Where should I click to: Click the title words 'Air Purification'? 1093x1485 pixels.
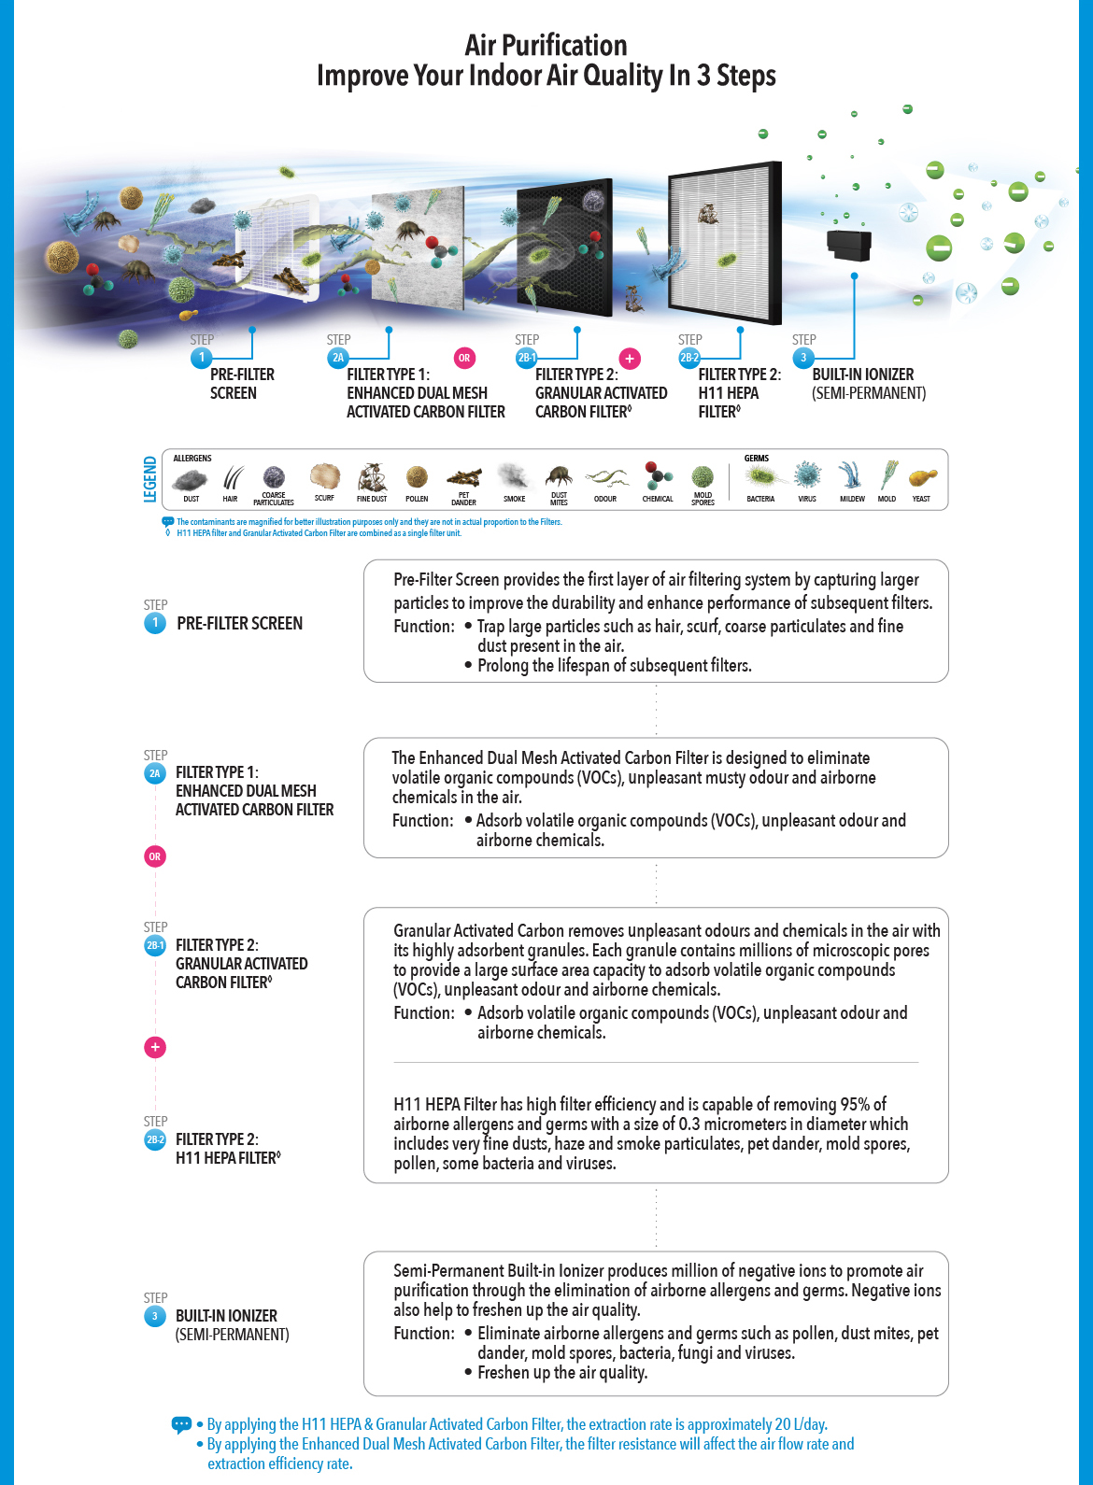pyautogui.click(x=546, y=45)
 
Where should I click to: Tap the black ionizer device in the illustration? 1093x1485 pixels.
pyautogui.click(x=848, y=245)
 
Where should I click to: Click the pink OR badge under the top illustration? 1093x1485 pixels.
pyautogui.click(x=464, y=358)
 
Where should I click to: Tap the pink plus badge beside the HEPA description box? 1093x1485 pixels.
pyautogui.click(x=155, y=1047)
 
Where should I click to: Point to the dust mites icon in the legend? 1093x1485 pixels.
pyautogui.click(x=559, y=476)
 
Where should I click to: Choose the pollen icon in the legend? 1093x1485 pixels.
pyautogui.click(x=417, y=477)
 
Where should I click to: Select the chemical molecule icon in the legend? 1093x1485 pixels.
pyautogui.click(x=658, y=475)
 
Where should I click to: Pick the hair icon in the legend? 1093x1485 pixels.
pyautogui.click(x=231, y=478)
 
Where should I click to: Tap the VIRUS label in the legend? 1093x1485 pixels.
pyautogui.click(x=807, y=499)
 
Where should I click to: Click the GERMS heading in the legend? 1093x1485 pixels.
pyautogui.click(x=757, y=459)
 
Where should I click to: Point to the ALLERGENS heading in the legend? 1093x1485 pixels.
pyautogui.click(x=192, y=459)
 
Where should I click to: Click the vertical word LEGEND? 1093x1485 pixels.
pyautogui.click(x=150, y=479)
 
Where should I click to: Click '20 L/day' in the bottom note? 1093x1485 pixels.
pyautogui.click(x=802, y=1424)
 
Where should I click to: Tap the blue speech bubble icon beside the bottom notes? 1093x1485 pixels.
pyautogui.click(x=181, y=1424)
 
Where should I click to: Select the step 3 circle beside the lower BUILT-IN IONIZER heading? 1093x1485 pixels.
pyautogui.click(x=155, y=1316)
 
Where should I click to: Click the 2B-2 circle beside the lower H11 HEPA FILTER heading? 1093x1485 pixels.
pyautogui.click(x=155, y=1139)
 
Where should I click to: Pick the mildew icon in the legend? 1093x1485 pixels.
pyautogui.click(x=850, y=475)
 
